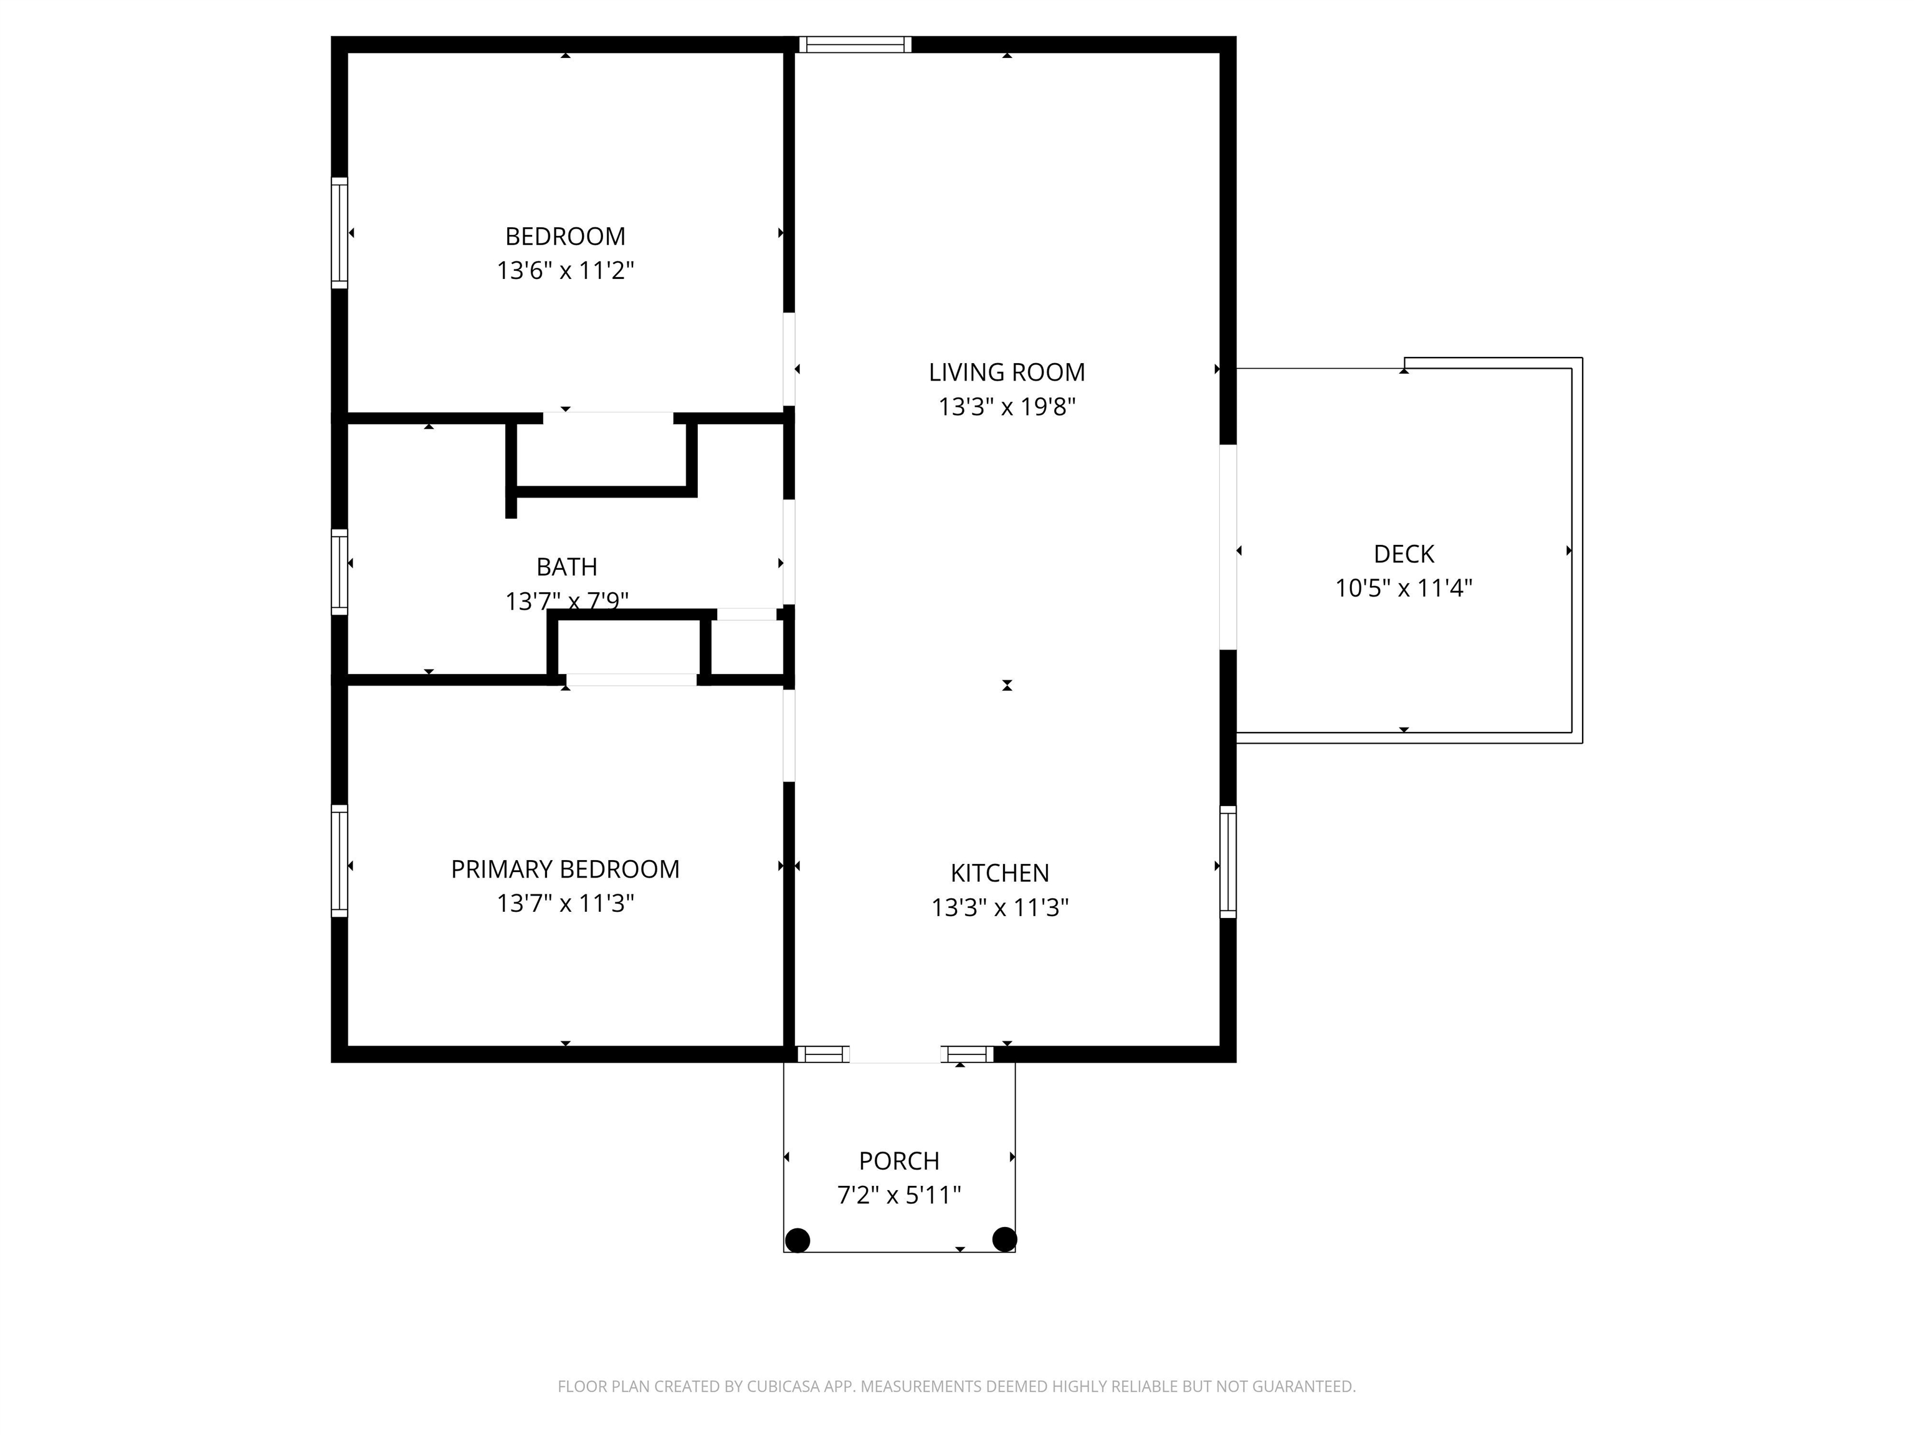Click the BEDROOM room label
tap(565, 236)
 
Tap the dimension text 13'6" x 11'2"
tap(565, 271)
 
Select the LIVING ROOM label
tap(1006, 372)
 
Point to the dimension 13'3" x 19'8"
tap(1006, 407)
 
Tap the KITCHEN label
tap(999, 873)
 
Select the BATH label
tap(567, 567)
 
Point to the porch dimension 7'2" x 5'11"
tap(898, 1195)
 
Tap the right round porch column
tap(1004, 1239)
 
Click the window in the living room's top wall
tap(855, 44)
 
